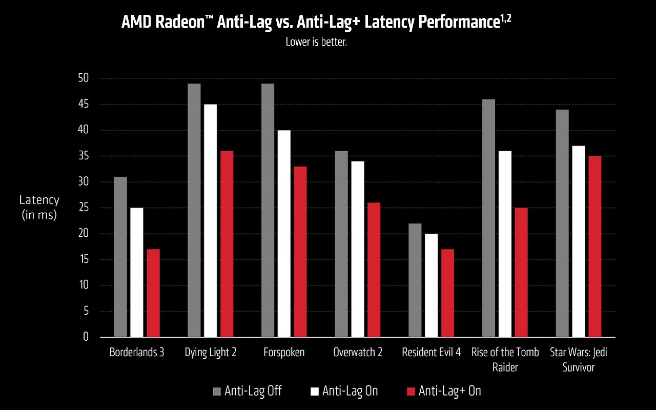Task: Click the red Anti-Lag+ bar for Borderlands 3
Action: (x=153, y=293)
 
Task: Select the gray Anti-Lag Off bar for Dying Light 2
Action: (x=194, y=210)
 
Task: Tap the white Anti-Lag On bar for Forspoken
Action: (x=284, y=234)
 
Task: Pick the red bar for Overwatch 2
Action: (x=374, y=270)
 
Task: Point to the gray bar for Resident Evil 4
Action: (x=415, y=280)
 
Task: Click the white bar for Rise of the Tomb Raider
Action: (x=505, y=244)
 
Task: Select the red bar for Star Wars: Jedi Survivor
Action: (x=595, y=247)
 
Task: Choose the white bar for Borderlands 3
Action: (x=137, y=272)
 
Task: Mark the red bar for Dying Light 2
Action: (x=227, y=244)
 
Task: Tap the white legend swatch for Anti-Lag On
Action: (x=315, y=392)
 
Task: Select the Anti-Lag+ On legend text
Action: (x=449, y=391)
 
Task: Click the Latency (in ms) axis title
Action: (x=39, y=208)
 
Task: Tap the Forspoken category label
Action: (x=284, y=353)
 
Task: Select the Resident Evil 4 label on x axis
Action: (x=431, y=353)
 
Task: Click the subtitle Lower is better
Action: (x=316, y=42)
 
